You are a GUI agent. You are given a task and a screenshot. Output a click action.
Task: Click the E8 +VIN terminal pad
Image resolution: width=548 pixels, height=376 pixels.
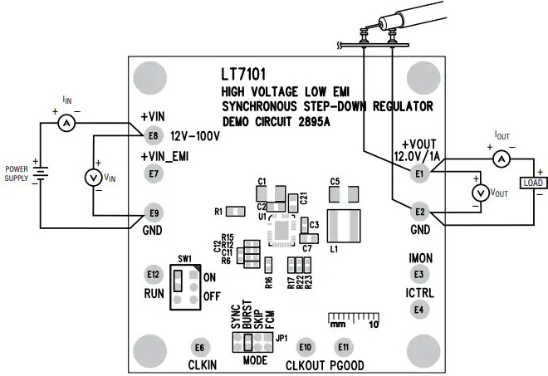pyautogui.click(x=152, y=135)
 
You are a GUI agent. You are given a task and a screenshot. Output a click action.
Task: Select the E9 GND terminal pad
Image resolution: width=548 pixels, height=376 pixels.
pyautogui.click(x=152, y=211)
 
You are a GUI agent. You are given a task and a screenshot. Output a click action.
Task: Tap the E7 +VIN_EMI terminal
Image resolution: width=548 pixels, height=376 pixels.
pyautogui.click(x=152, y=174)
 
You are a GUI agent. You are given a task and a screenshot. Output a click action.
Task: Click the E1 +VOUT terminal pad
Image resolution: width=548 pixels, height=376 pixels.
pyautogui.click(x=419, y=173)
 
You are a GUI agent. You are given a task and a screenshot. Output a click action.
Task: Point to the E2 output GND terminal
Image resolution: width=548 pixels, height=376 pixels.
pyautogui.click(x=419, y=211)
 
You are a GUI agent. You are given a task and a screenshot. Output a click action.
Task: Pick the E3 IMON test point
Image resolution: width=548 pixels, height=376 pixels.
pyautogui.click(x=419, y=274)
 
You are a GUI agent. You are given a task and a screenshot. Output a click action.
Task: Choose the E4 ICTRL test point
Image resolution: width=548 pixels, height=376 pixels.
pyautogui.click(x=419, y=310)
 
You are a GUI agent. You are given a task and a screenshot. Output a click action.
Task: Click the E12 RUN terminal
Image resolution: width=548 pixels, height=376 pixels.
pyautogui.click(x=152, y=274)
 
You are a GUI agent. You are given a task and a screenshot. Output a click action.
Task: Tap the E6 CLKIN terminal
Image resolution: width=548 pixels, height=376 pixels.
pyautogui.click(x=198, y=348)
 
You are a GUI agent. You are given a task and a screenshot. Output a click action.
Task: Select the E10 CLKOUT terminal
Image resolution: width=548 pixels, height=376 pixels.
pyautogui.click(x=306, y=347)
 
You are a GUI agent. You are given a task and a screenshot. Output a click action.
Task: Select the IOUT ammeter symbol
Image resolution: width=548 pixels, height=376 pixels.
pyautogui.click(x=500, y=158)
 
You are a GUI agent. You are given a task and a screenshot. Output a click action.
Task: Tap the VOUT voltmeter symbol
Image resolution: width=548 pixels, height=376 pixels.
pyautogui.click(x=478, y=193)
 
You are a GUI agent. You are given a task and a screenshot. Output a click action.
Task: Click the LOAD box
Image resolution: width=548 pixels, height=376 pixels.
pyautogui.click(x=531, y=183)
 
